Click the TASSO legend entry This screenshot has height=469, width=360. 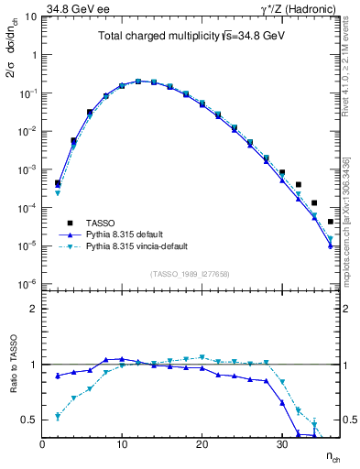(93, 223)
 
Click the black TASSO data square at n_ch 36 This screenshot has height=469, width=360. (330, 222)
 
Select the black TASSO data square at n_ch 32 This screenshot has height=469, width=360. (299, 185)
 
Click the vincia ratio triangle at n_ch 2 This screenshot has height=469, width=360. (58, 417)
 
